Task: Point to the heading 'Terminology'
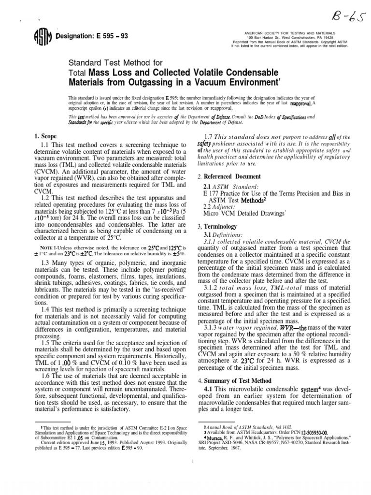coord(220,226)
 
